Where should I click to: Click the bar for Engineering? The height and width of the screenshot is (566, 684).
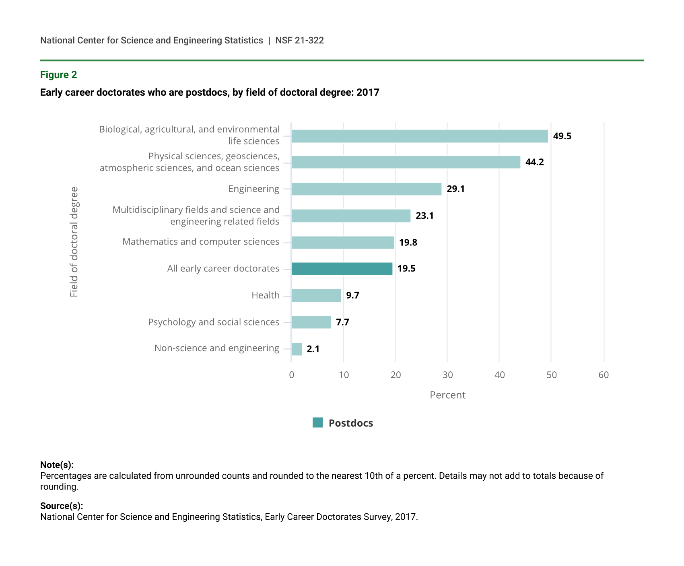[x=366, y=189]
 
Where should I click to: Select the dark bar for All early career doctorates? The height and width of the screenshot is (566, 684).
[x=342, y=269]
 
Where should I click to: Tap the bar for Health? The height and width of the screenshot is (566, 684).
[x=316, y=296]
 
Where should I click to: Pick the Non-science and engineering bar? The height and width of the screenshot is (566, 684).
[x=297, y=349]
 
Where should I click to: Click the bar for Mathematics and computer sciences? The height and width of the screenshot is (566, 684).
[x=342, y=243]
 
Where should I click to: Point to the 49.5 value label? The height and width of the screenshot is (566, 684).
[x=562, y=136]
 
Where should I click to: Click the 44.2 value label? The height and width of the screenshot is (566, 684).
[x=534, y=163]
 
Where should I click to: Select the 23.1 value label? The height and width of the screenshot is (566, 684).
[x=424, y=216]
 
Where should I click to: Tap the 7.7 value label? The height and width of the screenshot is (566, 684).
[x=342, y=323]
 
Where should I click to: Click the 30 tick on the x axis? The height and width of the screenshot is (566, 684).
[x=447, y=375]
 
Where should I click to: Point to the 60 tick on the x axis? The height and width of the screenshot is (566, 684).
[x=604, y=375]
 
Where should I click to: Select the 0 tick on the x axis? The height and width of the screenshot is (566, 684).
[x=291, y=375]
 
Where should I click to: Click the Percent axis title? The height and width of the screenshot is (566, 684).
[x=447, y=395]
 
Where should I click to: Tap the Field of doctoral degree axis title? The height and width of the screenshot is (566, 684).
[x=74, y=242]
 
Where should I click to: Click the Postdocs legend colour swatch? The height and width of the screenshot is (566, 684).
[x=317, y=423]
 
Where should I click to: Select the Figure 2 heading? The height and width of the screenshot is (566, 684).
[x=58, y=75]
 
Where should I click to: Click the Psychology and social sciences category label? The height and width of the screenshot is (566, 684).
[x=213, y=322]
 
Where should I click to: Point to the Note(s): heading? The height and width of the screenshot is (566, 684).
[x=57, y=465]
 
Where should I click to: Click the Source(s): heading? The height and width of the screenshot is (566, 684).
[x=62, y=506]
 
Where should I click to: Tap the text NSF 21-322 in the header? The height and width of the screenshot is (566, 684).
[x=299, y=41]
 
